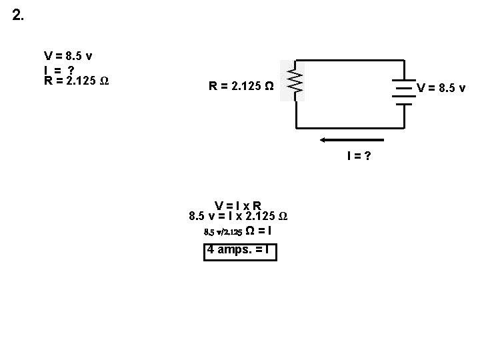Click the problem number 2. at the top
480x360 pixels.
(18, 15)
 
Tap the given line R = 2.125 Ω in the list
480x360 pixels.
(77, 81)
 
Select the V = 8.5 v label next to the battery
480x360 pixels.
(441, 87)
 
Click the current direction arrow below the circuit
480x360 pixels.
(351, 140)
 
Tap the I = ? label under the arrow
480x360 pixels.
(358, 156)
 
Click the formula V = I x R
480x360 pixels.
(238, 205)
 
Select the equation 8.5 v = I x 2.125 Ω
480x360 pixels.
(238, 216)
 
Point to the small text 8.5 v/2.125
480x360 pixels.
(223, 232)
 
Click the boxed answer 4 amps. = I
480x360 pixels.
(239, 251)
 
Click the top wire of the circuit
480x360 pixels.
(350, 61)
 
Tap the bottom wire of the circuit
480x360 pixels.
(350, 127)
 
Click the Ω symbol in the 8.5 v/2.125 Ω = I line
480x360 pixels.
(250, 231)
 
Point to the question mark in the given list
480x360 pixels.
(71, 69)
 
